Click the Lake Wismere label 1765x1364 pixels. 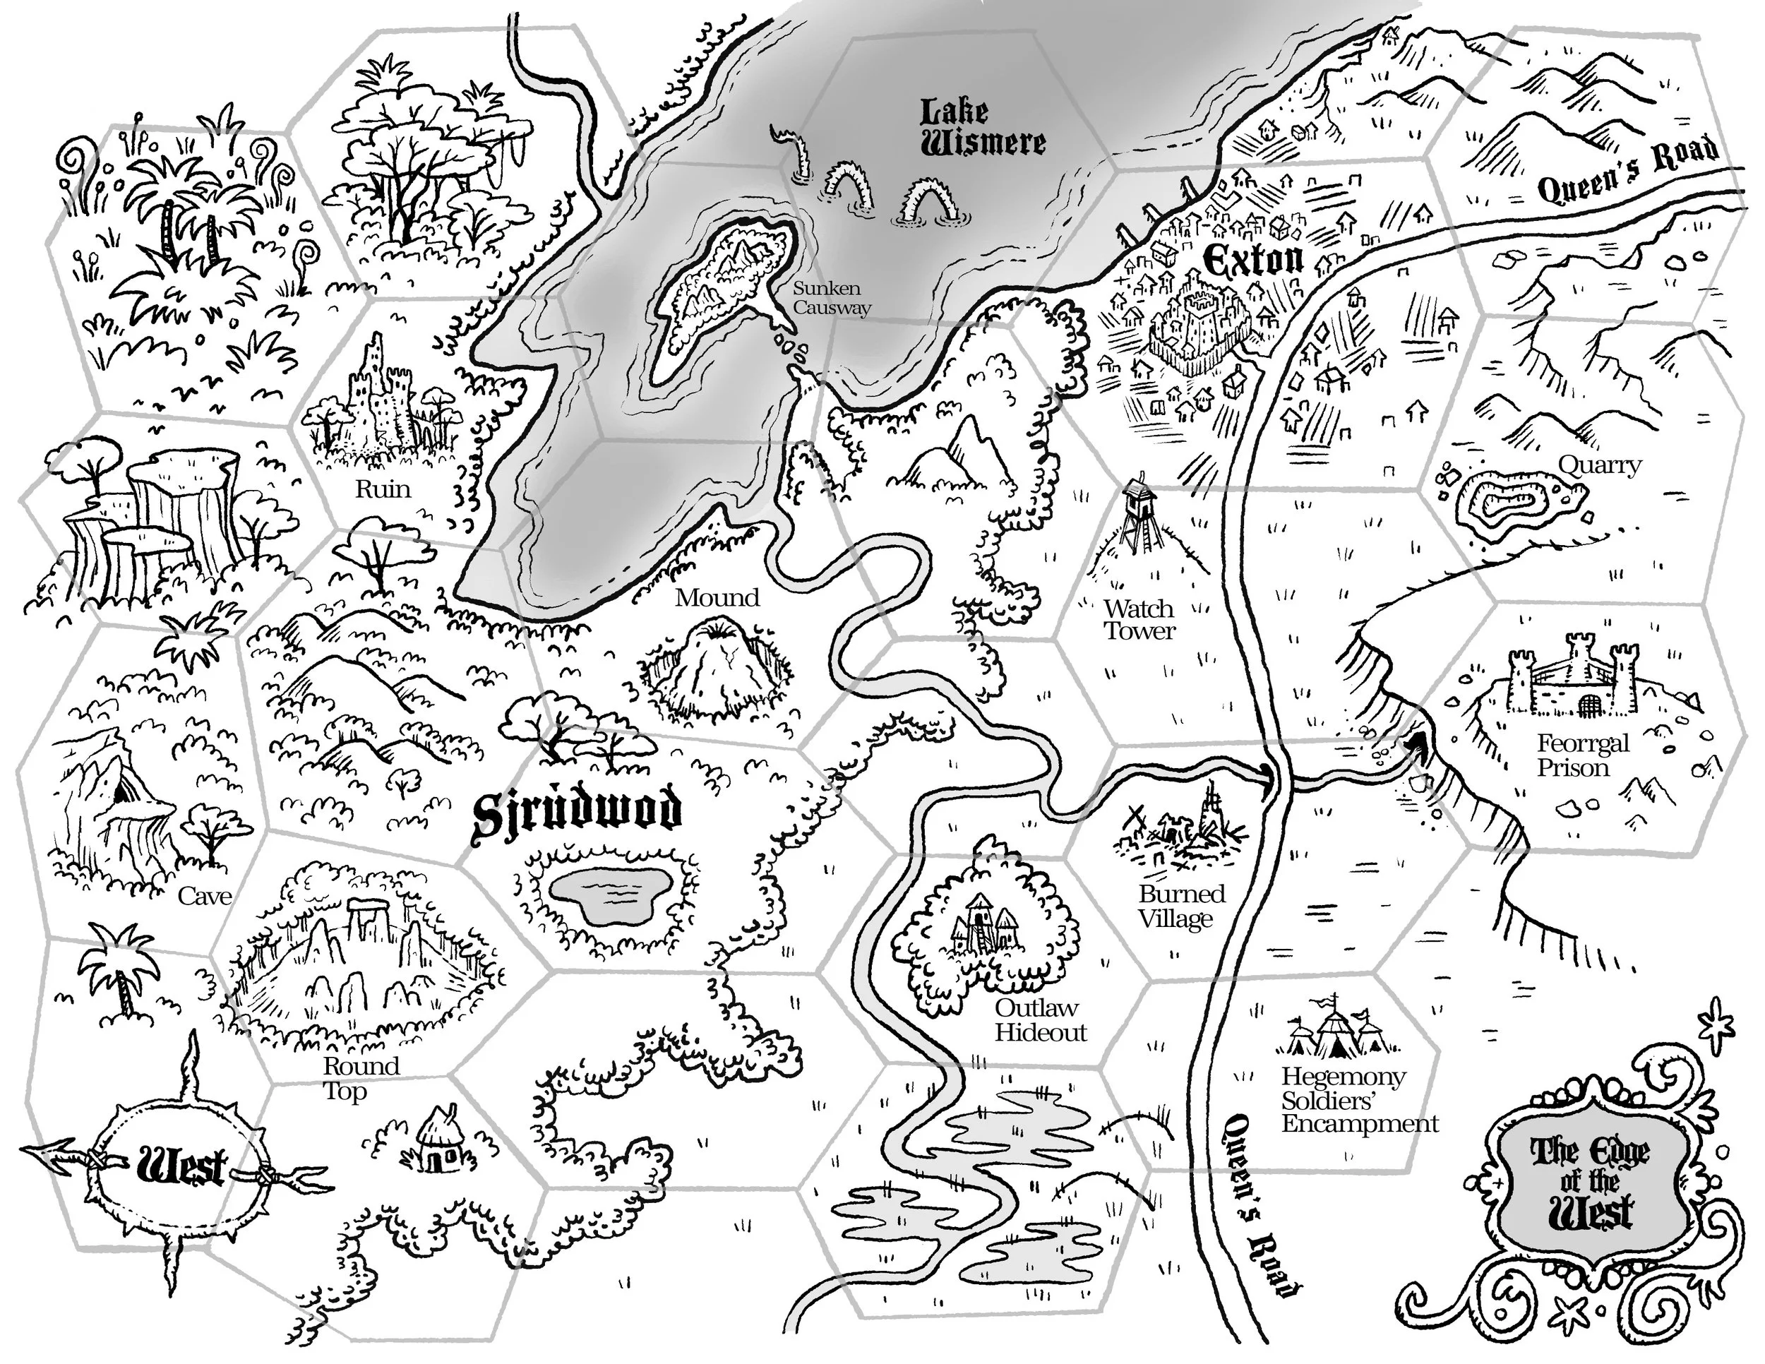point(983,128)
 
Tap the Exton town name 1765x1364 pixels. point(1252,261)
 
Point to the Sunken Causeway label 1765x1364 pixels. point(831,297)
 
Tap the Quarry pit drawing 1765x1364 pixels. point(1508,508)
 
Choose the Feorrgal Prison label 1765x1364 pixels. point(1582,755)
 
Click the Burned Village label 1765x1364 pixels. point(1182,906)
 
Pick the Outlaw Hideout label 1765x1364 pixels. point(1040,1019)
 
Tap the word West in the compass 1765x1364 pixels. point(181,1167)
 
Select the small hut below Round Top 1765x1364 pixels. point(441,1140)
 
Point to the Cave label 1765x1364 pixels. point(205,895)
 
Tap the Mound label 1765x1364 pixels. point(717,598)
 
